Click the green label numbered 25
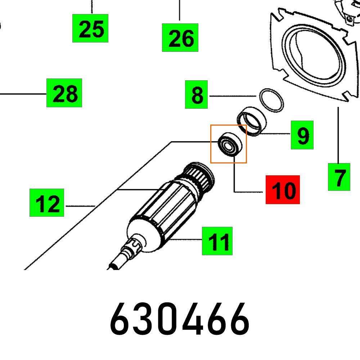pos(90,28)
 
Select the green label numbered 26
pos(180,37)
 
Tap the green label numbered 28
pos(64,93)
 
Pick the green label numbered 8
pos(197,95)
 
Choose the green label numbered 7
pos(339,177)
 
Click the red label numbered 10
pos(283,189)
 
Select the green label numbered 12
pos(47,203)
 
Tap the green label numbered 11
pos(217,241)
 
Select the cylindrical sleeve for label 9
pos(252,121)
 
